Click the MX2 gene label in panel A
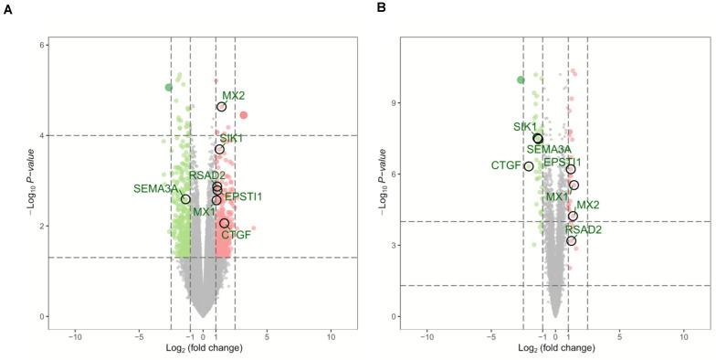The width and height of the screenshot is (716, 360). point(234,95)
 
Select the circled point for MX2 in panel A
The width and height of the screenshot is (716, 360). point(222,107)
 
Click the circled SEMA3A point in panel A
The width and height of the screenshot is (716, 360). point(185,199)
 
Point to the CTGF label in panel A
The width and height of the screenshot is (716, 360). point(237,235)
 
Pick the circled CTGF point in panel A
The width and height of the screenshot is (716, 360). point(224,223)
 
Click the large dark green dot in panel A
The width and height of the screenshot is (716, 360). point(169,88)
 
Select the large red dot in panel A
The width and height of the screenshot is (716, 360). point(244,115)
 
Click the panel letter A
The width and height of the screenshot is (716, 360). point(7,7)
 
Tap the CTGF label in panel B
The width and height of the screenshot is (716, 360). point(506,165)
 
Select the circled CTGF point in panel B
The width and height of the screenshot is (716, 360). point(529,166)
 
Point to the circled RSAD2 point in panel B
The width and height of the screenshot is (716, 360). point(572,240)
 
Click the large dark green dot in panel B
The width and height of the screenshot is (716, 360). point(521,80)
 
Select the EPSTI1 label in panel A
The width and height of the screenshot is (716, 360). point(244,196)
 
